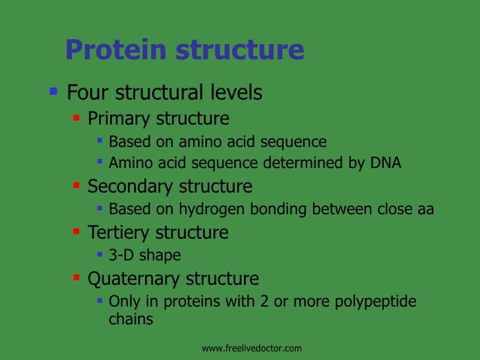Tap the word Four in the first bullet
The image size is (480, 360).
[89, 92]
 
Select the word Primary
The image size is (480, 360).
[119, 119]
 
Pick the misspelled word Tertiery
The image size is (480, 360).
[119, 232]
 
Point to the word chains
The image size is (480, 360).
[131, 320]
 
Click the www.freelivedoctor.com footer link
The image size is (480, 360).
[251, 347]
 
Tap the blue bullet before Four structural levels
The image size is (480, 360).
[54, 91]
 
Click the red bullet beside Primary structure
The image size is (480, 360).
[76, 118]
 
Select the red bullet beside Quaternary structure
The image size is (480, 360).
[76, 278]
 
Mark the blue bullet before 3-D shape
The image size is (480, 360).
[99, 254]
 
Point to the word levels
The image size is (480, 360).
[237, 92]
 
